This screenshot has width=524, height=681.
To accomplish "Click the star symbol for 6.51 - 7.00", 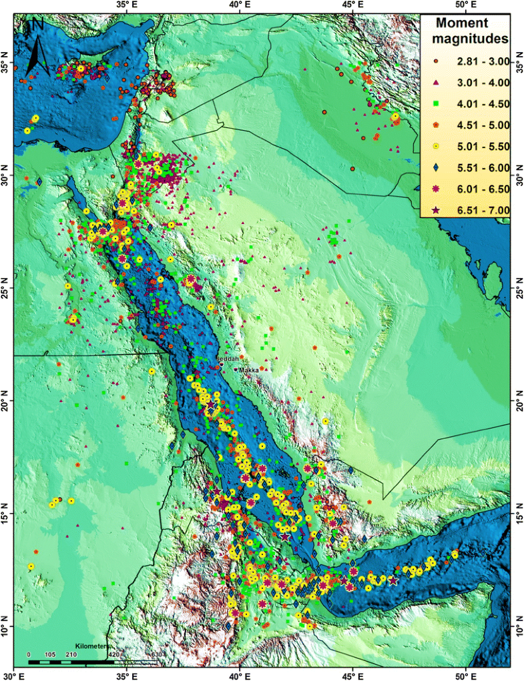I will pyautogui.click(x=436, y=210).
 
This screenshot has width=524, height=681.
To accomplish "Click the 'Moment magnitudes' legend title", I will pyautogui.click(x=467, y=31).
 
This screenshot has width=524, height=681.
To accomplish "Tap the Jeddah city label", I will pyautogui.click(x=228, y=360).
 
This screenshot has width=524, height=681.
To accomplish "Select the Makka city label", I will pyautogui.click(x=249, y=368).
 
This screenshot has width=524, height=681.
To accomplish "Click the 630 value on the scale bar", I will pyautogui.click(x=157, y=654).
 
